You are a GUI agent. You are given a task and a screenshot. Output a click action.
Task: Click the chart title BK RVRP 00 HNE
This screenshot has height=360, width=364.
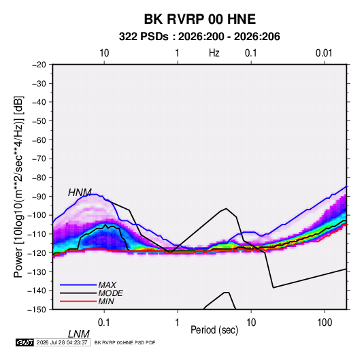point(200,19)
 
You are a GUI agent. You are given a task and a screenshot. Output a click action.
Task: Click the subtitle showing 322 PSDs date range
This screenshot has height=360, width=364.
point(199,37)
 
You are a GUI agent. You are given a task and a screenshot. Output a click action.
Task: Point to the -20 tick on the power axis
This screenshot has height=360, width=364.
point(39,65)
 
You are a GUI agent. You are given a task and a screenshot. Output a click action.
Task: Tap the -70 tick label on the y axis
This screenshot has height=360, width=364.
point(39,159)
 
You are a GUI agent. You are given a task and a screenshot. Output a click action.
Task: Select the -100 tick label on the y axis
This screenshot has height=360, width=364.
point(37,215)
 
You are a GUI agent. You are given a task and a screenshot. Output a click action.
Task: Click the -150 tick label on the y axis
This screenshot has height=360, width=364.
point(37,310)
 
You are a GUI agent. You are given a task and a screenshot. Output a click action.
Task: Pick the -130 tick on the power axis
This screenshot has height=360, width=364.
point(37,272)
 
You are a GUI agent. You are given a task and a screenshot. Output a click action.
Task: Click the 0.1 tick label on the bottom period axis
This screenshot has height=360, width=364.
point(104,323)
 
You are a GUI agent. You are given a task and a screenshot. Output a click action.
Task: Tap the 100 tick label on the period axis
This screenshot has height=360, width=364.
point(325,323)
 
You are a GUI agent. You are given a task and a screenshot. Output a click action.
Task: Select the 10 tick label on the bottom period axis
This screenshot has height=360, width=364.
point(250,323)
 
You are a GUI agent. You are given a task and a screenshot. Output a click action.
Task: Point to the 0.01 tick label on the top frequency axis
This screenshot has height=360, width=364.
point(324,53)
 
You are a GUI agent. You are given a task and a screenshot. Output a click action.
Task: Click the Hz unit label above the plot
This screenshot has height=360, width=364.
point(214,53)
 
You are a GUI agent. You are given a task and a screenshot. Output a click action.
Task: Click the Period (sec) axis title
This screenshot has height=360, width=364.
point(214,330)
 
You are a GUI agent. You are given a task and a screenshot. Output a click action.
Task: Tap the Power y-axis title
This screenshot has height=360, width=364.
point(18,187)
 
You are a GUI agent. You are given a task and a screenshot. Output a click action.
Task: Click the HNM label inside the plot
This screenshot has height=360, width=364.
point(80,193)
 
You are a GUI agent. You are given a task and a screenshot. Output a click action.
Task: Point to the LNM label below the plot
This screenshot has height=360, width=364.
point(78,334)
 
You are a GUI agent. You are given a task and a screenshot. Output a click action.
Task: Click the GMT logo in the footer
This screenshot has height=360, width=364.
point(24,342)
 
